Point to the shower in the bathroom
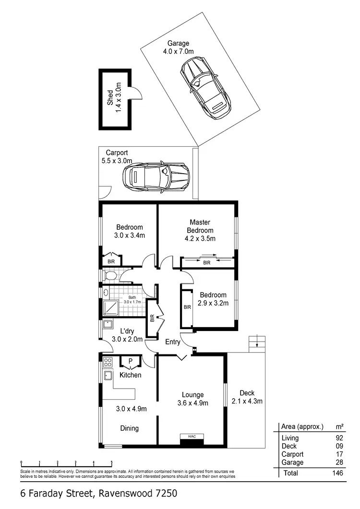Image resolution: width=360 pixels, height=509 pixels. click(110, 308)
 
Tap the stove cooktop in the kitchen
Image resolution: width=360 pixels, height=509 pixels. click(108, 363)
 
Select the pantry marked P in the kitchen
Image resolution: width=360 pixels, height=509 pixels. click(130, 362)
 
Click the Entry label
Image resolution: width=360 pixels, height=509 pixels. click(173, 342)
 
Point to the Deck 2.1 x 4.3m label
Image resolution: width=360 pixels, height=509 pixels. click(247, 397)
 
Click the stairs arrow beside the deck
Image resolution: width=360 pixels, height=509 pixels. click(257, 343)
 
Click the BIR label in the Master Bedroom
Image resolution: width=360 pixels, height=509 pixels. click(206, 263)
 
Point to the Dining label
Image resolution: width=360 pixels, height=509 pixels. click(130, 428)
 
